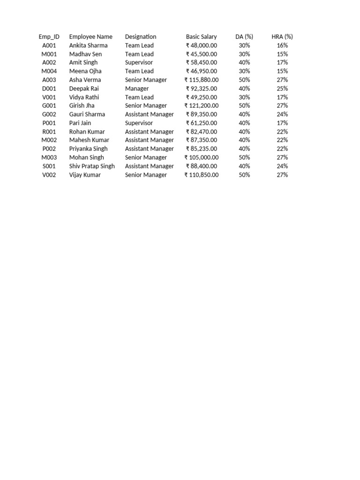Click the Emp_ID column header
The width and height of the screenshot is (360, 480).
click(49, 37)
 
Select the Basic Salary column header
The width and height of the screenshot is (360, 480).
click(201, 37)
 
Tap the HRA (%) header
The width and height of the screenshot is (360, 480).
click(282, 37)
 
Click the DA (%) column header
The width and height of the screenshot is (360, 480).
click(244, 37)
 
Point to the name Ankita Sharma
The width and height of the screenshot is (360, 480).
click(88, 45)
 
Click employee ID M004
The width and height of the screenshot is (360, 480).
click(49, 71)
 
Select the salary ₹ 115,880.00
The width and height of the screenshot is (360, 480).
click(202, 80)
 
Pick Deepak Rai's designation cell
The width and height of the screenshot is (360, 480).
click(137, 89)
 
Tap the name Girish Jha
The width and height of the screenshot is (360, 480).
click(82, 105)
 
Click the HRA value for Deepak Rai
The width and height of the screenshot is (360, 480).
click(282, 89)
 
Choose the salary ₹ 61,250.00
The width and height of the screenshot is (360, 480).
click(202, 123)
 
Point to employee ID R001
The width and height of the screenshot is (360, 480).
click(49, 132)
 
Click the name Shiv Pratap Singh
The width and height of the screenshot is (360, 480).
click(92, 166)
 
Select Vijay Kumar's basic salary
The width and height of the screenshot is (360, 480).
click(202, 175)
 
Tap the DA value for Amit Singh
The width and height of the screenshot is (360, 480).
click(244, 62)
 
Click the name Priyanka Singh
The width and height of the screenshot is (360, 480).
click(88, 149)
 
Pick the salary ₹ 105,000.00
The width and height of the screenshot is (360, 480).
click(202, 157)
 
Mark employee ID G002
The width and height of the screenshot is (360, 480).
click(49, 114)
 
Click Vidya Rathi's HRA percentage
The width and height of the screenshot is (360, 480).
click(282, 97)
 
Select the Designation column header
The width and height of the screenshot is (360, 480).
click(141, 37)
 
